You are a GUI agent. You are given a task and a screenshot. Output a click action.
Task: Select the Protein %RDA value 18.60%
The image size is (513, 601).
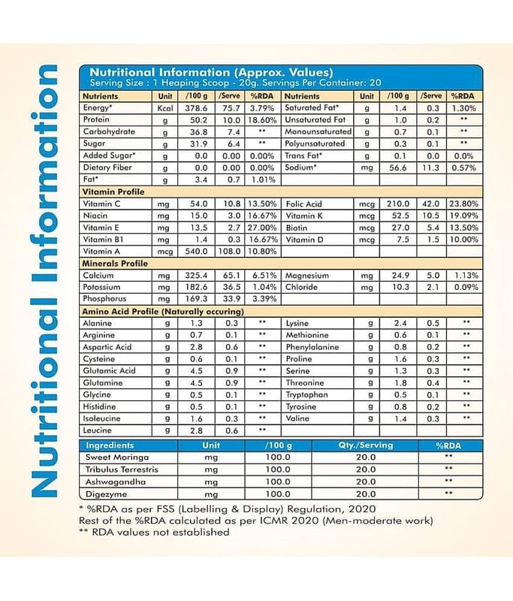(x=263, y=120)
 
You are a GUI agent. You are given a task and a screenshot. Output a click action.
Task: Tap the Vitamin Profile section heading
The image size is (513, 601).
(x=113, y=192)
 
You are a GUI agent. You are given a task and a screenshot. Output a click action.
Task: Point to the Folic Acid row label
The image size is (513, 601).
(x=303, y=204)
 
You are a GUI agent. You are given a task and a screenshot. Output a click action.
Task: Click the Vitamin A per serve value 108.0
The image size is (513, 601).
(x=231, y=251)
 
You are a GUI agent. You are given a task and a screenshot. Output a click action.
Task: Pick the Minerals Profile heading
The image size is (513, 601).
(x=115, y=264)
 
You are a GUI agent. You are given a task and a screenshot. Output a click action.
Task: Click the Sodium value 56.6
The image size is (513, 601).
(x=397, y=168)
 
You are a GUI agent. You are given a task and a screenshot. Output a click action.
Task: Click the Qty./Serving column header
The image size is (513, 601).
(x=365, y=445)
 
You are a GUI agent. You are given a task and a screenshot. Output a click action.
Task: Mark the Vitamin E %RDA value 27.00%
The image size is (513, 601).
(x=263, y=228)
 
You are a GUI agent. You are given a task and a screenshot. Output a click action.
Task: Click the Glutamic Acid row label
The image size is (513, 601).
(x=109, y=370)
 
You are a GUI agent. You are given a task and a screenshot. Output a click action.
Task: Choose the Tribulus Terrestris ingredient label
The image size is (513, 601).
(x=124, y=469)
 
